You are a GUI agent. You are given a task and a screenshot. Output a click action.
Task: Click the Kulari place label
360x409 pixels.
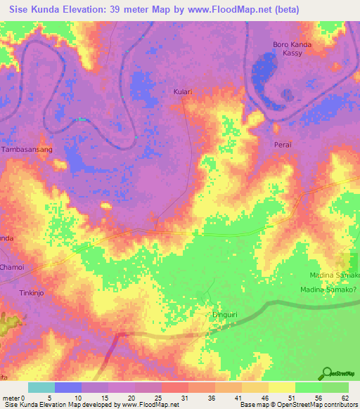tap(183, 91)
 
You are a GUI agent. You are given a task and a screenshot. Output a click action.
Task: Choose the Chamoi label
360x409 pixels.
tap(12, 267)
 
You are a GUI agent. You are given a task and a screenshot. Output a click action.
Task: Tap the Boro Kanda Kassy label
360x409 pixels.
tap(292, 49)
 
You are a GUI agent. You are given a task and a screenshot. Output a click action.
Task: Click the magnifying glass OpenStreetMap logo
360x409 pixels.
tap(327, 374)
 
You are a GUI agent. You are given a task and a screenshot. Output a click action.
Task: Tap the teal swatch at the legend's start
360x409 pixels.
tap(41, 387)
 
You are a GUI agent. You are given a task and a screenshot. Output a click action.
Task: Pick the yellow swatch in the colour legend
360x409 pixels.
tap(281, 387)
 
